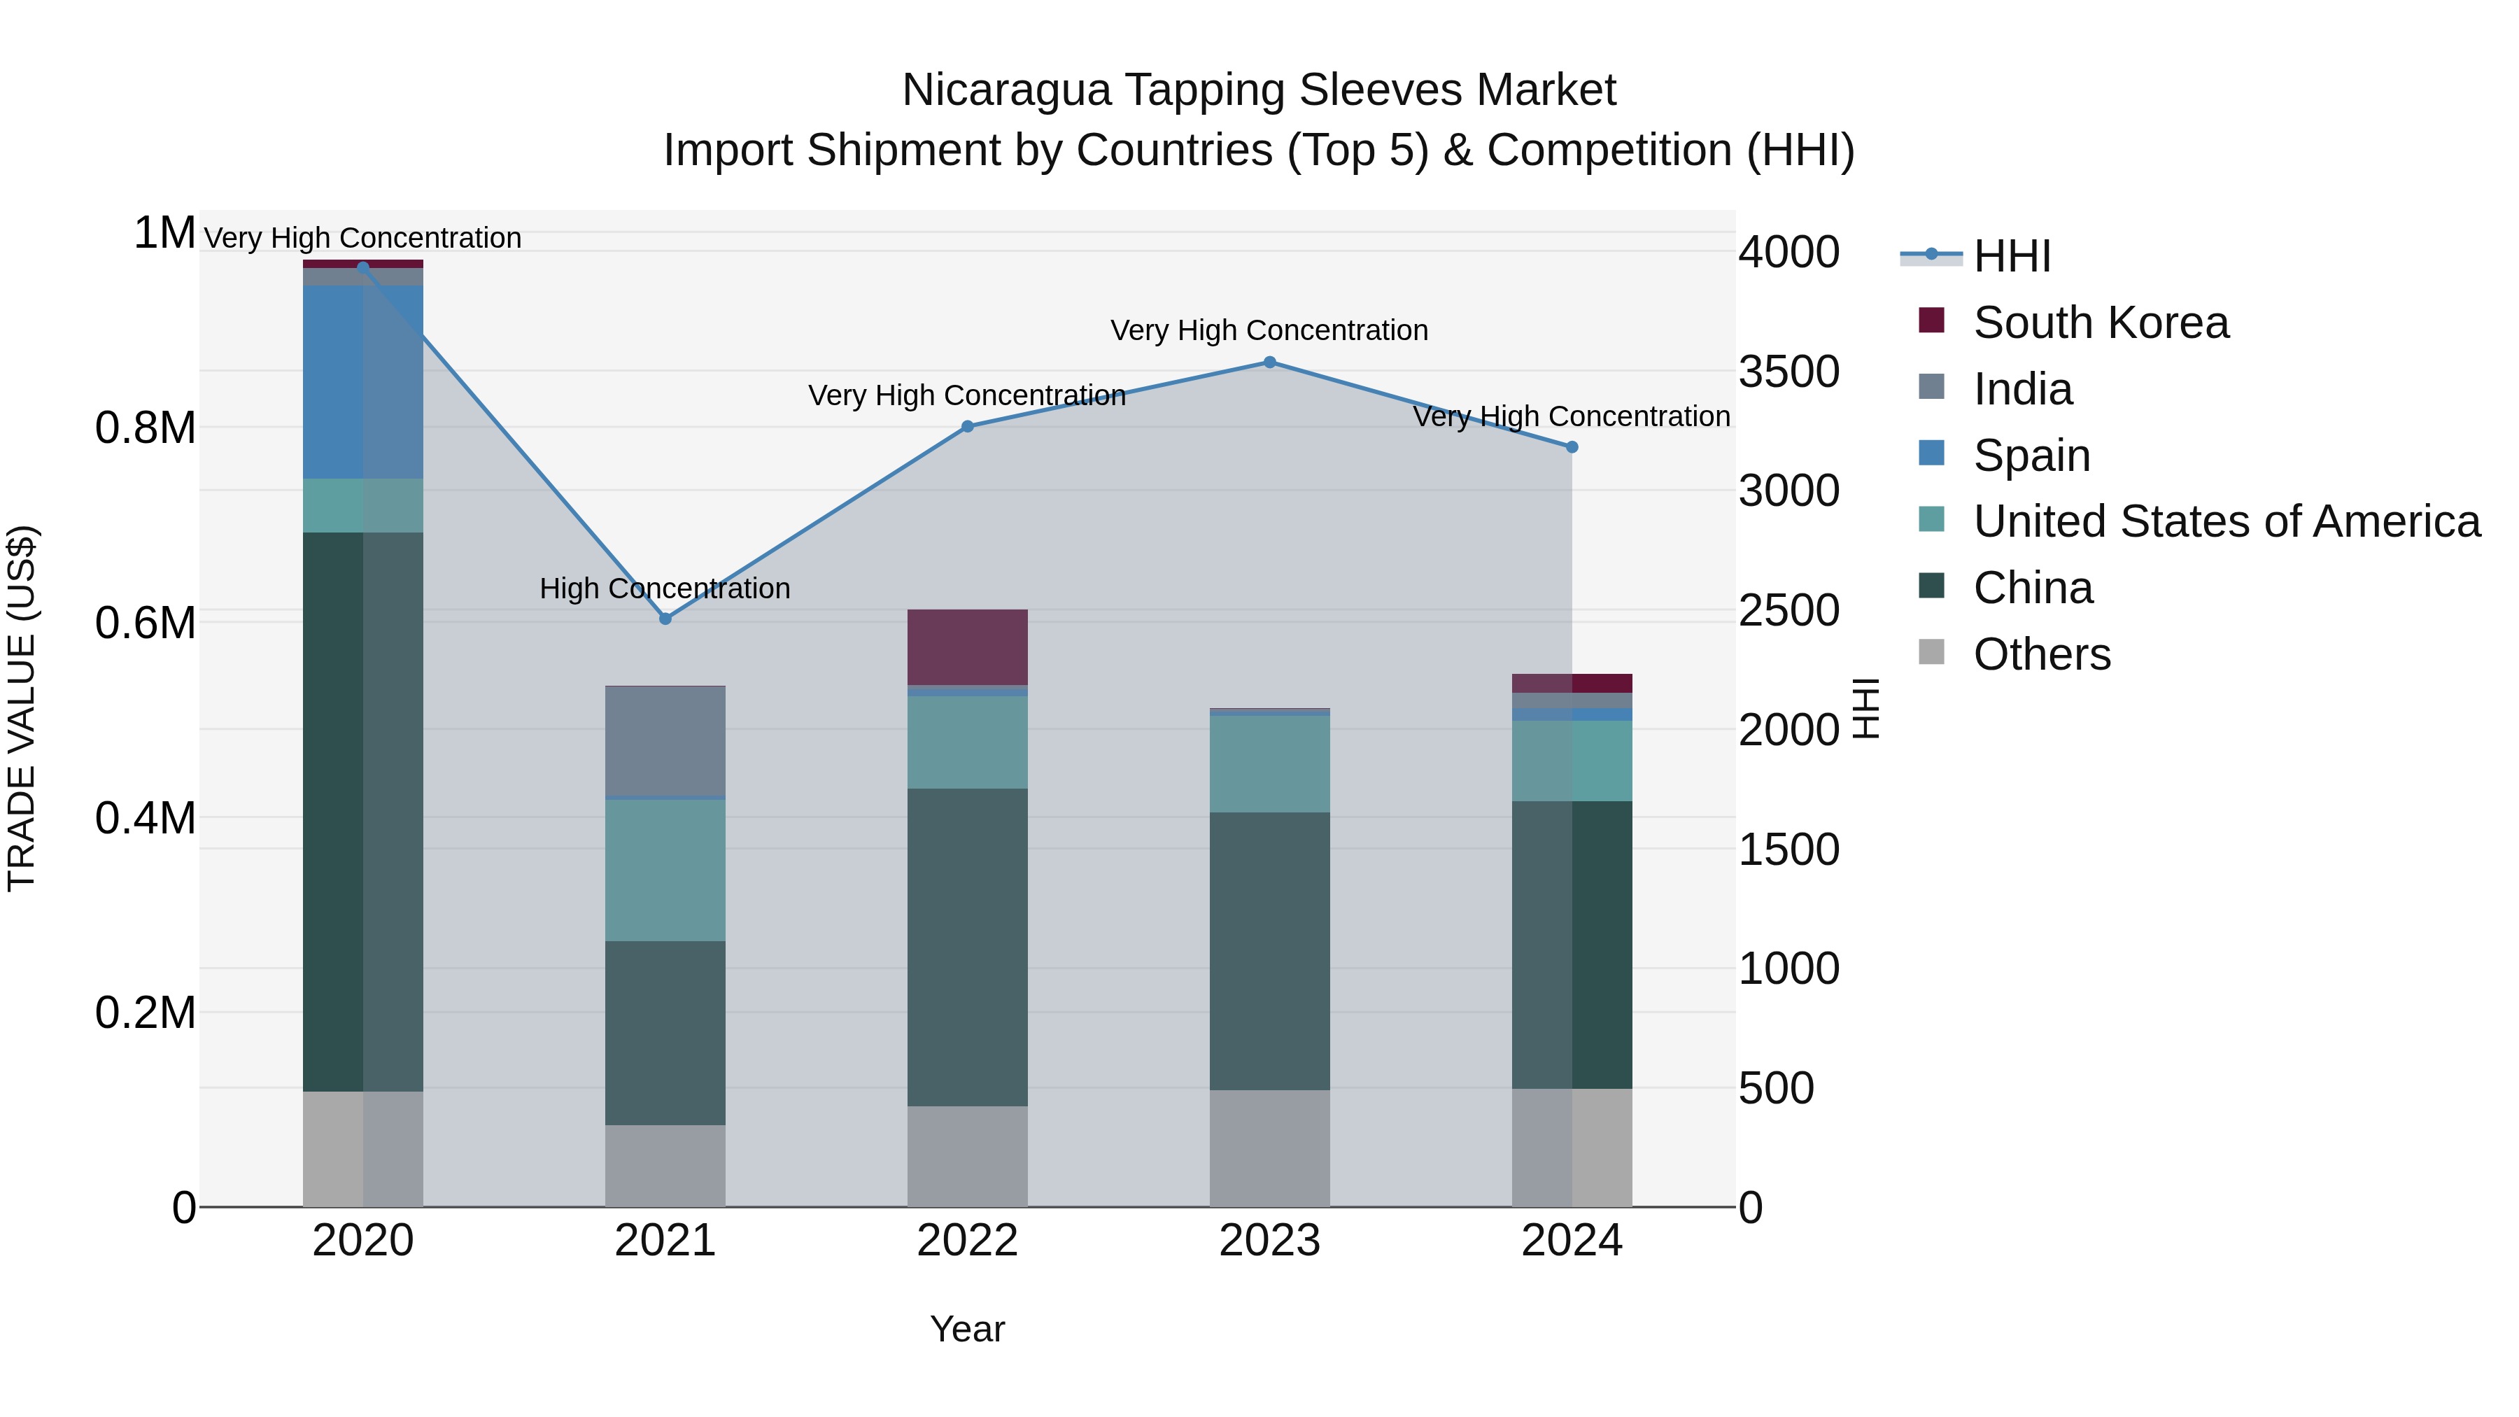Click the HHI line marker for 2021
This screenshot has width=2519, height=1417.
point(665,618)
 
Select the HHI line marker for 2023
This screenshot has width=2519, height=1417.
point(1269,362)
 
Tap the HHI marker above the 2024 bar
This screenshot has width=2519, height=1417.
point(1572,447)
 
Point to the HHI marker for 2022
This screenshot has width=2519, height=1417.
point(967,426)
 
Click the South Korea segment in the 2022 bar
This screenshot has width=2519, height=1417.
point(967,647)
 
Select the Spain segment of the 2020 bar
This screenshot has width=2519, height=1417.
point(362,381)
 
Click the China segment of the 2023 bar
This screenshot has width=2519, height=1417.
point(1269,950)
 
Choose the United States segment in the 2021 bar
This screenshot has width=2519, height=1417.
point(665,870)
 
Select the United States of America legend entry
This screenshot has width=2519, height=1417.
point(2226,521)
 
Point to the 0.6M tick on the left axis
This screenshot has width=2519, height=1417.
point(145,623)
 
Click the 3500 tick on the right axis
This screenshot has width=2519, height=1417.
point(1788,372)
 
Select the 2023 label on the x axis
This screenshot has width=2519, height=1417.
point(1269,1241)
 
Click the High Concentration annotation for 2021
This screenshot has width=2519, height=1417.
point(665,588)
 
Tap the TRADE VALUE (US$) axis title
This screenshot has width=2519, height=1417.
point(22,708)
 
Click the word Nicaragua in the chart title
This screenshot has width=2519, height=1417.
point(1006,90)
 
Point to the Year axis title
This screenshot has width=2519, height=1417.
point(967,1329)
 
